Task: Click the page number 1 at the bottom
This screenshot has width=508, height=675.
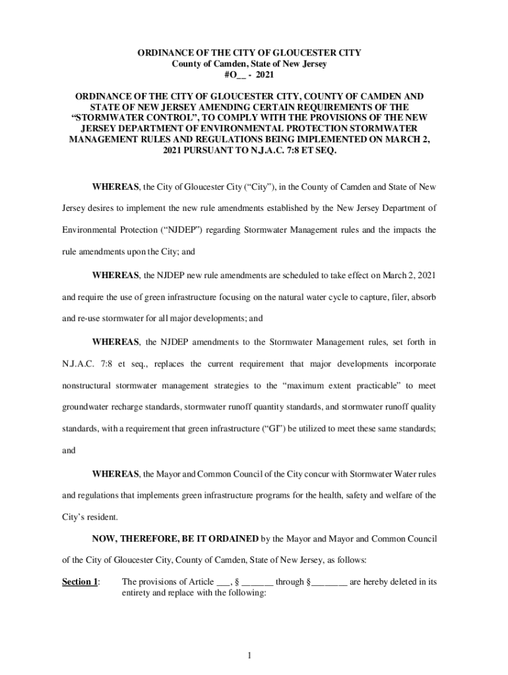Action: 249,655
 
